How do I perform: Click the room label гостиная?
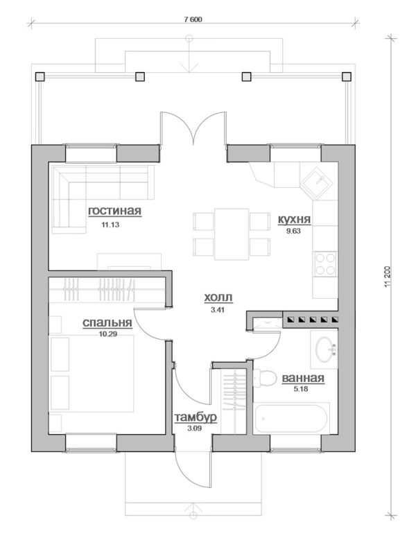pos(114,211)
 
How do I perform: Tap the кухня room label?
pos(294,219)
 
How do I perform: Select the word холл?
pos(218,297)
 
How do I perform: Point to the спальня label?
pos(107,323)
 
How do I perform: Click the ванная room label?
pos(303,378)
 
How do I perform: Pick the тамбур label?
pos(196,417)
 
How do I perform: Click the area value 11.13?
pos(110,225)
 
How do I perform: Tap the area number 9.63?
pos(294,232)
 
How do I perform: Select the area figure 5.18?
pos(301,389)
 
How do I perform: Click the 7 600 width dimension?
pos(193,19)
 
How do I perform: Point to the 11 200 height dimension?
pos(388,277)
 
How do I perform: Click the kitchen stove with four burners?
pos(325,263)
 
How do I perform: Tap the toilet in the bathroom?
pos(266,379)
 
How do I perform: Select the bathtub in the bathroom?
pos(291,419)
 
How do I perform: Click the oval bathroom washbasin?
pos(324,349)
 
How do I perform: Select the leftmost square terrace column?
pos(40,76)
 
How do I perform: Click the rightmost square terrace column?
pos(347,76)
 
